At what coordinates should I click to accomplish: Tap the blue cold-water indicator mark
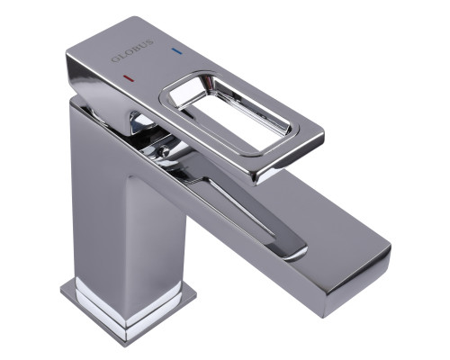pyautogui.click(x=177, y=51)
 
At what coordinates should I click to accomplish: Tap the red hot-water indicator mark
pyautogui.click(x=129, y=78)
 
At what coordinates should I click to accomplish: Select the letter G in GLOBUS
pyautogui.click(x=115, y=59)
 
